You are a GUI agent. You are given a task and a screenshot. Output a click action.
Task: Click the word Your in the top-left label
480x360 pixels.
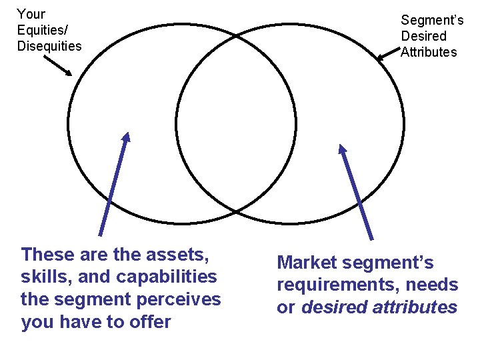pyautogui.click(x=31, y=13)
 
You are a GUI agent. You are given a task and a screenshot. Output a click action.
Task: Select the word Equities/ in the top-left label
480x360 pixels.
pyautogui.click(x=42, y=30)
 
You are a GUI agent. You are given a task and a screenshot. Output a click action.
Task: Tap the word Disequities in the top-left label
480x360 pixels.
pyautogui.click(x=49, y=46)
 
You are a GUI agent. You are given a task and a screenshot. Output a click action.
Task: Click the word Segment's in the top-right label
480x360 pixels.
pyautogui.click(x=432, y=20)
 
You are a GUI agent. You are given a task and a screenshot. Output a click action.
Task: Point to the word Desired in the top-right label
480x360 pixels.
pyautogui.click(x=423, y=36)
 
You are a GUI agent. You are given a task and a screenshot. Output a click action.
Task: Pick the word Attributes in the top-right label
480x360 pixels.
pyautogui.click(x=429, y=52)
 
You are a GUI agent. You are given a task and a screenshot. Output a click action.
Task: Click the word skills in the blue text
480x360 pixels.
pyautogui.click(x=44, y=276)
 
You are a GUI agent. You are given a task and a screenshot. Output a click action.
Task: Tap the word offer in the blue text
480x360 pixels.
pyautogui.click(x=151, y=323)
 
